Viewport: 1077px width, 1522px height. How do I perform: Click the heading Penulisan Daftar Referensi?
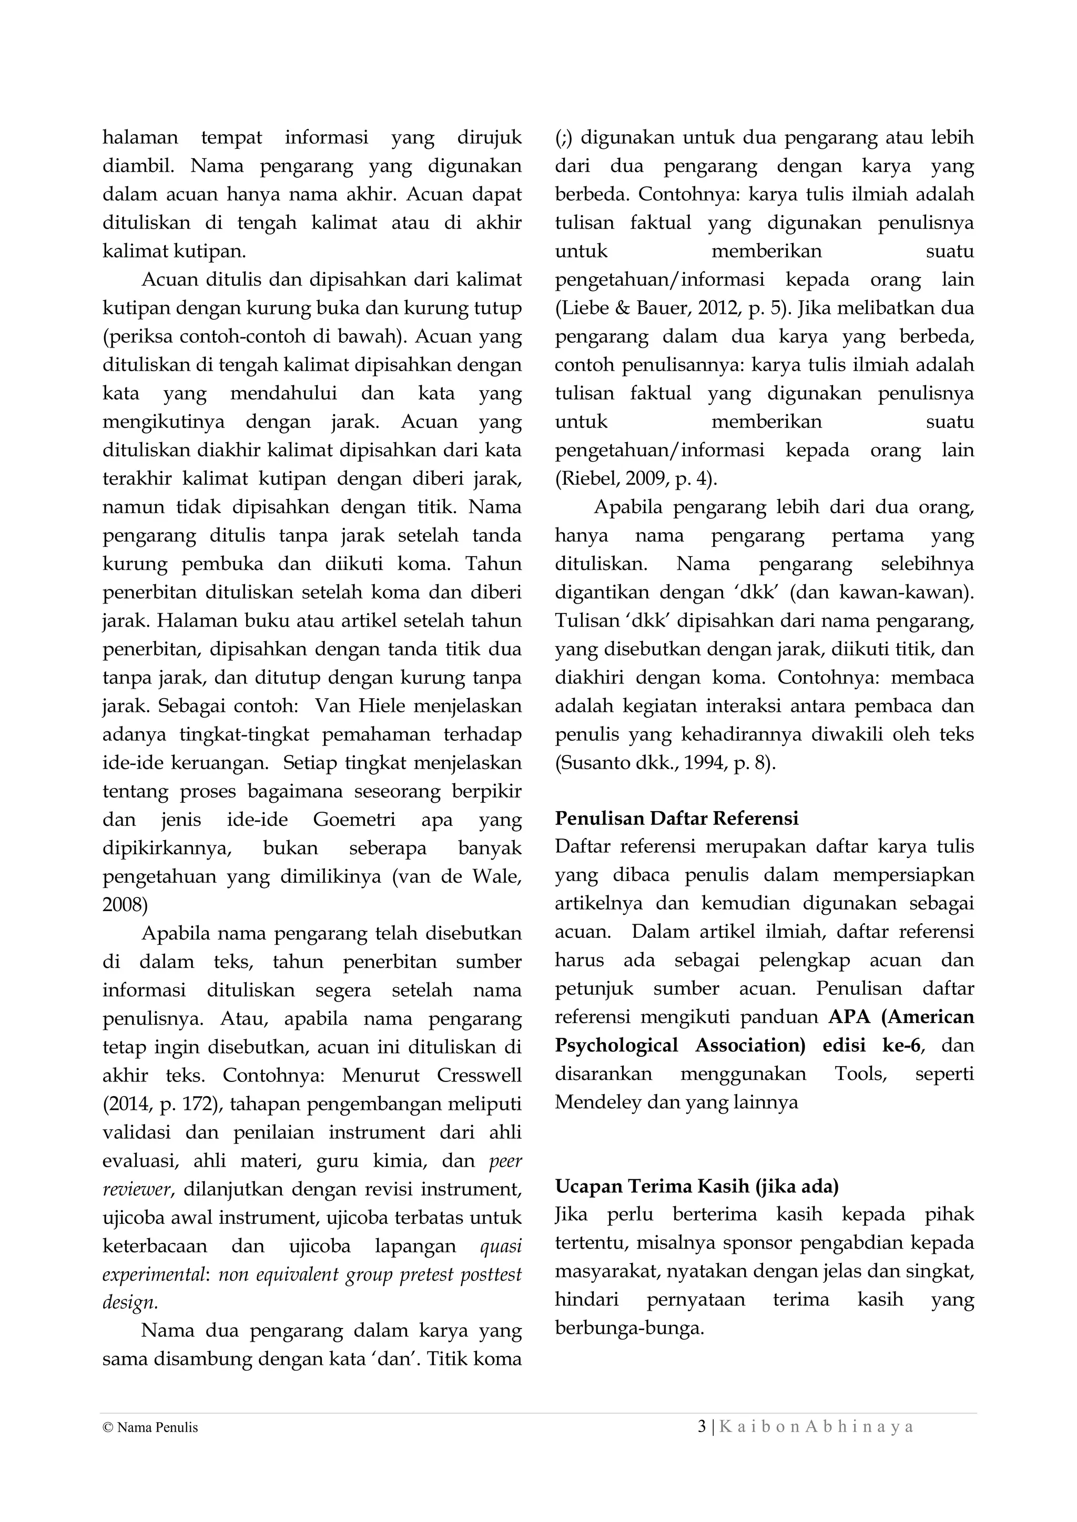[x=676, y=819]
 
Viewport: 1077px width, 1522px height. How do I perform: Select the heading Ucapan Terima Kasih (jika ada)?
[x=696, y=1186]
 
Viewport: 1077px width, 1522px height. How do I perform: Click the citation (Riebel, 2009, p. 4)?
[x=635, y=478]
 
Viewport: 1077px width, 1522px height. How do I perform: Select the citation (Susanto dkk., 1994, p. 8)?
[x=665, y=763]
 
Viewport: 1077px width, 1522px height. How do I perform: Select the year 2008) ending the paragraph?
[x=125, y=905]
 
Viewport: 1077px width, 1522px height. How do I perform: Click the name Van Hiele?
[x=360, y=706]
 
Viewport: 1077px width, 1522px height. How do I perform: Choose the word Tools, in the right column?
[x=860, y=1074]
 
